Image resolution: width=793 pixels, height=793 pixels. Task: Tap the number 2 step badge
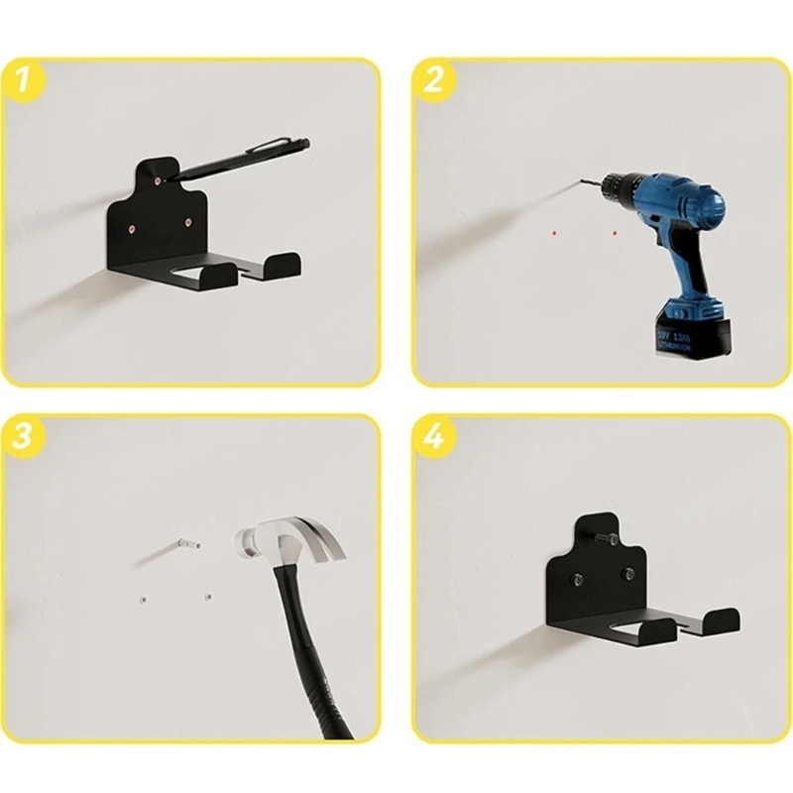point(431,79)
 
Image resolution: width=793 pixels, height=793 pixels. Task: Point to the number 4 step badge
point(432,437)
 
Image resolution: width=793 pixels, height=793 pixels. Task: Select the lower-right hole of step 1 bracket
point(186,223)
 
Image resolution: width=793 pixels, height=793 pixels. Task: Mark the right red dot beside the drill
point(614,234)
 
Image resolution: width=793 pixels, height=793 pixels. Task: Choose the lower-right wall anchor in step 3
point(207,597)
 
